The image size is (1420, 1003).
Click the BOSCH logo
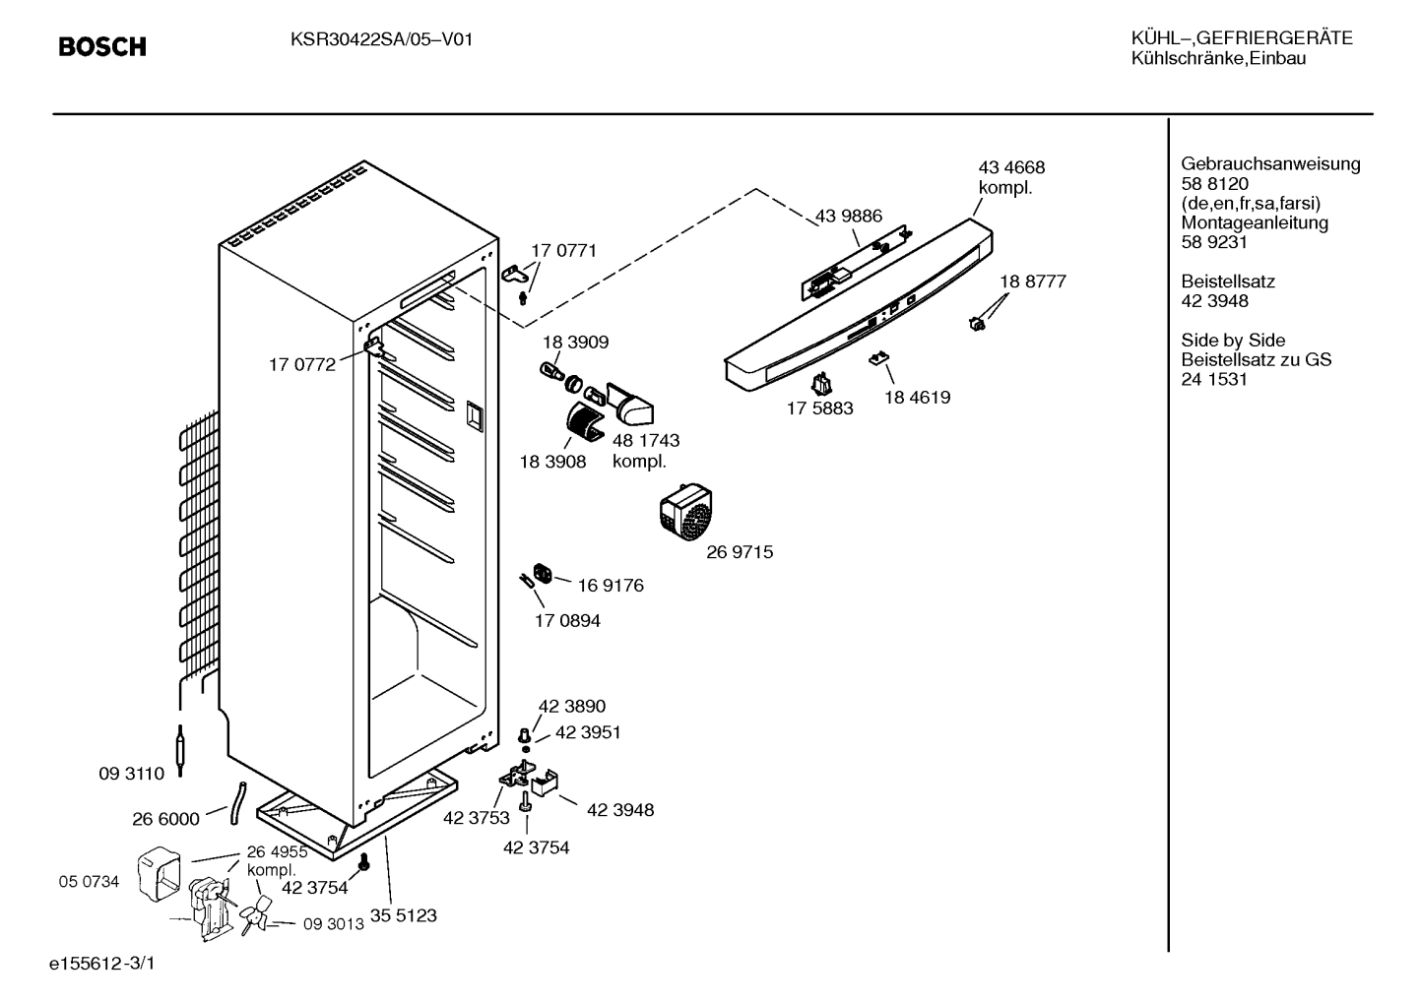coord(102,47)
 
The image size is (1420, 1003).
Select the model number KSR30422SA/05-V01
coord(382,40)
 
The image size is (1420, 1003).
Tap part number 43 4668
coord(1011,167)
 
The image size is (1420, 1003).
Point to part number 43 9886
coord(848,217)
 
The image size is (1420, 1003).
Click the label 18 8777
coord(1033,282)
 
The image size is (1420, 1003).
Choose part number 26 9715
coord(740,552)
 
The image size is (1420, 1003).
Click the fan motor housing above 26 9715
coord(686,511)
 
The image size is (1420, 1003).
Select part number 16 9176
coord(611,586)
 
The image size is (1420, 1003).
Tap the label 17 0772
coord(302,365)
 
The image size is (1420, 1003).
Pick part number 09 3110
coord(131,774)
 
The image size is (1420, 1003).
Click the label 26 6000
coord(165,819)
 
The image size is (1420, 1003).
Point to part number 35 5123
coord(403,915)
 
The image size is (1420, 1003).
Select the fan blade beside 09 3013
coord(255,915)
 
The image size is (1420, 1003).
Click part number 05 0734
coord(89,881)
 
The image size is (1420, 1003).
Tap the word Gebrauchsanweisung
coord(1270,164)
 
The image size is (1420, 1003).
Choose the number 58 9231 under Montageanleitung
coord(1214,242)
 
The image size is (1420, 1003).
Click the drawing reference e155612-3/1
coord(102,964)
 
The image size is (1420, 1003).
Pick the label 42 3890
coord(572,706)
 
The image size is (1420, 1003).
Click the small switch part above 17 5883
coord(822,384)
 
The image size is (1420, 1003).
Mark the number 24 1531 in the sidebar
coord(1214,380)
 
